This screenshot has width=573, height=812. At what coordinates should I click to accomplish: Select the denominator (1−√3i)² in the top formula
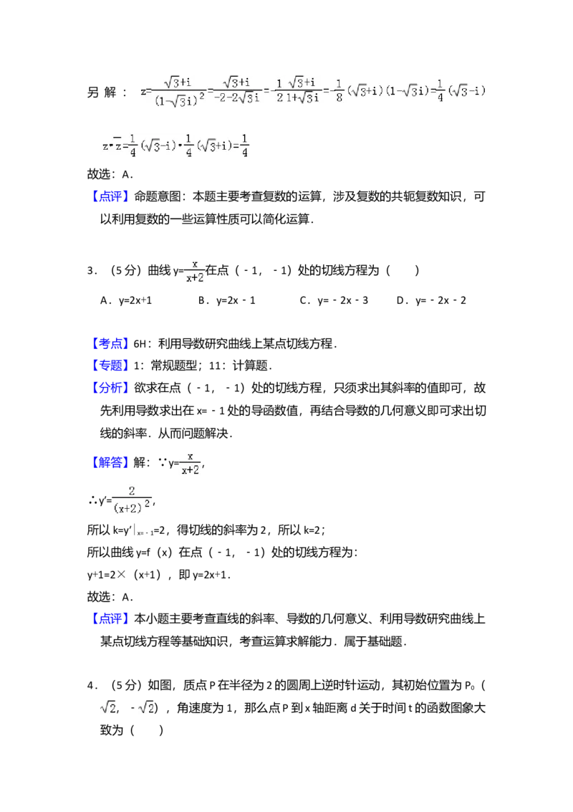pos(179,100)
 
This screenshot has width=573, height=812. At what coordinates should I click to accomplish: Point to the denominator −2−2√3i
pos(237,99)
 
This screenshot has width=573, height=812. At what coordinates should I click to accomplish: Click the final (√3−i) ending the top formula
pos(467,92)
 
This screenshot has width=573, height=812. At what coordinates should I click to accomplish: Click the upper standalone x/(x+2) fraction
pos(195,270)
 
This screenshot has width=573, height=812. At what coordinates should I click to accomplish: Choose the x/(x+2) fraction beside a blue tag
pos(192,462)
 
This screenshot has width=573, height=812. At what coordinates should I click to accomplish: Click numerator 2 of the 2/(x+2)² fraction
pos(132,491)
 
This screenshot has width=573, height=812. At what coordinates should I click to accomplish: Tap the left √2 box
pos(108,709)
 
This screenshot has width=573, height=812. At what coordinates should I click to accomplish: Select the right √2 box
pos(146,709)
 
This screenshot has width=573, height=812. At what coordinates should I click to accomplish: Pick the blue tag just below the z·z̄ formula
pos(111,198)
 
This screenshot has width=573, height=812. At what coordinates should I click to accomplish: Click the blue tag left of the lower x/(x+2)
pos(111,462)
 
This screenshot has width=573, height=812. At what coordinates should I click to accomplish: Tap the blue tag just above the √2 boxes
pos(111,617)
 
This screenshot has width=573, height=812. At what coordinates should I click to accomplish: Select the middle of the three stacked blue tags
pos(111,365)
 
